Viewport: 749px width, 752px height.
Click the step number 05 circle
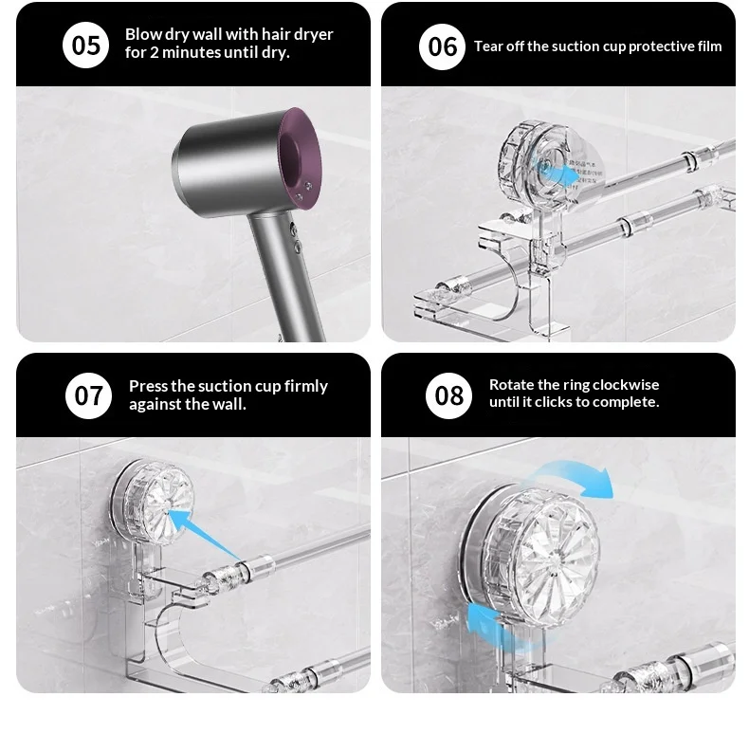(x=86, y=46)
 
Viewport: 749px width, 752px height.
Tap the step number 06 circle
(x=442, y=46)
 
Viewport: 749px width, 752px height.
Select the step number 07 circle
(x=89, y=395)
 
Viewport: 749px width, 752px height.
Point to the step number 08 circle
(x=448, y=395)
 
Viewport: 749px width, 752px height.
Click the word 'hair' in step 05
(x=275, y=34)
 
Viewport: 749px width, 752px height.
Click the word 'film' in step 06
(x=710, y=46)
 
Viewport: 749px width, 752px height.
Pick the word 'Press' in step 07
(x=148, y=386)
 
